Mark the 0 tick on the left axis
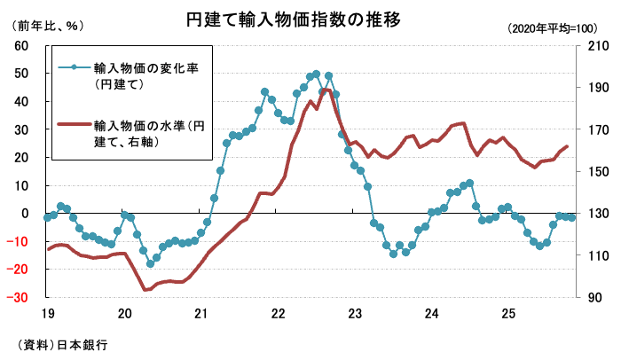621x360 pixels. tap(28, 214)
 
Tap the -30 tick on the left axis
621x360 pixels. tap(20, 298)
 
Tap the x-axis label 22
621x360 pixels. tap(279, 314)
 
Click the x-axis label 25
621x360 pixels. tap(508, 314)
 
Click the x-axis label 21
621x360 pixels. tap(202, 314)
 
